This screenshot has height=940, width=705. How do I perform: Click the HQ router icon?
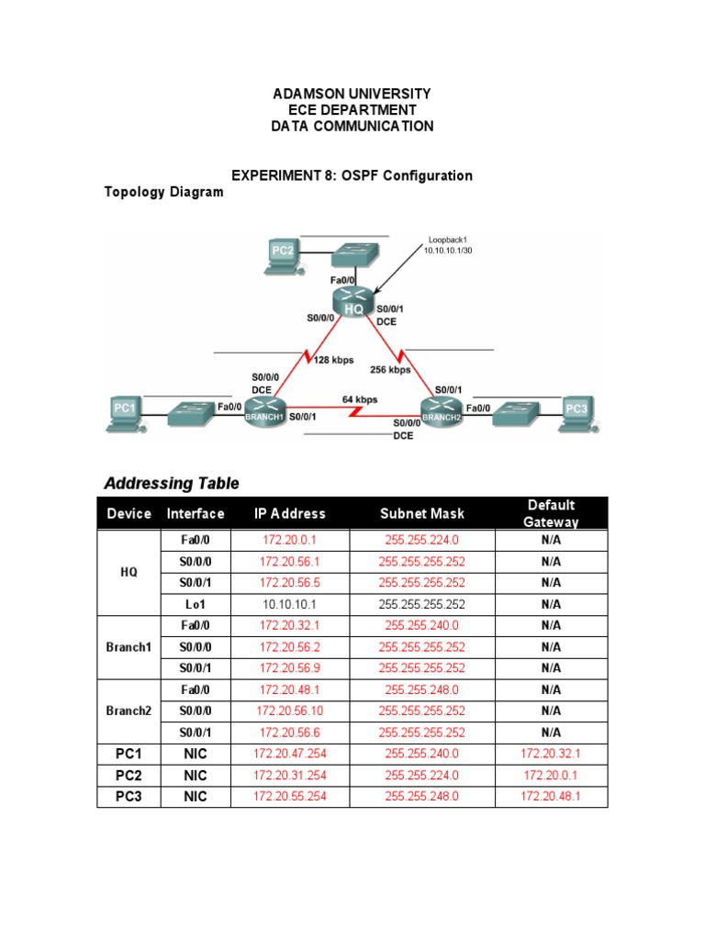(353, 303)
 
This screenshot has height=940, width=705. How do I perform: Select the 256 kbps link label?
(390, 370)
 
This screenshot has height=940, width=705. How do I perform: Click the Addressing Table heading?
(172, 483)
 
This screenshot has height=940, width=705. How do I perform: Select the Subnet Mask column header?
(422, 514)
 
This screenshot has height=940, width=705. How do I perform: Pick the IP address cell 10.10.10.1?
(290, 604)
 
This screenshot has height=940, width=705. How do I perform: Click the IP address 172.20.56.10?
(290, 711)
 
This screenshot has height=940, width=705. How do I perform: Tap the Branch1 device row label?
(129, 647)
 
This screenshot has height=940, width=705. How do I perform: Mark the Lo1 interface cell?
(195, 604)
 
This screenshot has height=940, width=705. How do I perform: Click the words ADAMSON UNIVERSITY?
(352, 95)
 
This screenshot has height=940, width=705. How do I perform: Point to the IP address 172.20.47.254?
(290, 754)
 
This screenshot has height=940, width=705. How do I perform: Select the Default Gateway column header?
(551, 513)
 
